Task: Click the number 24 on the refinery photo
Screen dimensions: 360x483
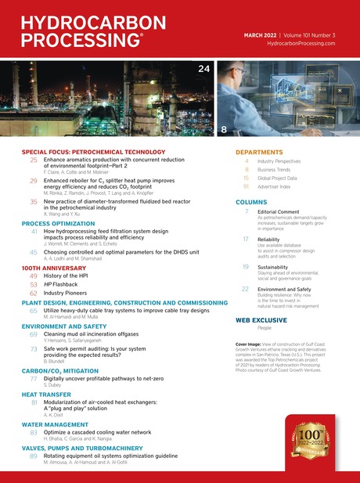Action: pyautogui.click(x=203, y=70)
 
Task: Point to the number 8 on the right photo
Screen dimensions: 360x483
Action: pyautogui.click(x=224, y=128)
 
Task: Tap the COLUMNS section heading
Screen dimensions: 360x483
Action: pyautogui.click(x=251, y=202)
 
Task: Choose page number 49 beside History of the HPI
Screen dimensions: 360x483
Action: pyautogui.click(x=34, y=276)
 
